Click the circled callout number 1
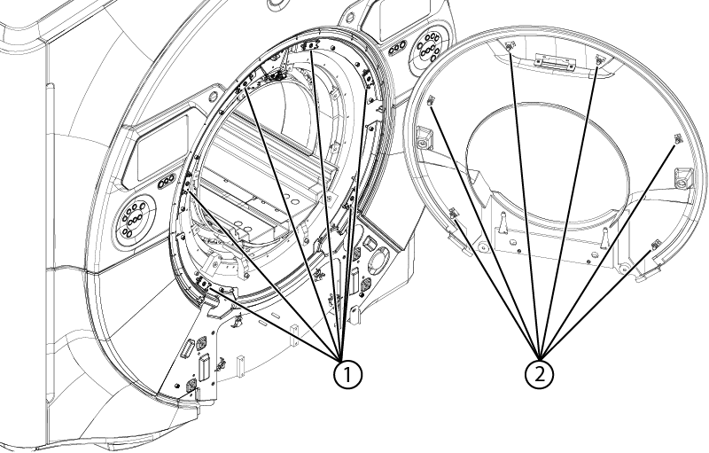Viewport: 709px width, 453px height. [x=347, y=374]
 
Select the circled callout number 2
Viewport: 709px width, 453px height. [x=540, y=374]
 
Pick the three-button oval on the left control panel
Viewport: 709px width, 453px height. [x=167, y=182]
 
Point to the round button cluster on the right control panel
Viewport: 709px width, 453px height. [x=428, y=47]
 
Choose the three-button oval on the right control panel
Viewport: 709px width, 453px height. [x=397, y=47]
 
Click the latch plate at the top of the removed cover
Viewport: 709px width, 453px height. [x=554, y=61]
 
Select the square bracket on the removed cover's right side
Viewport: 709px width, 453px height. [x=682, y=178]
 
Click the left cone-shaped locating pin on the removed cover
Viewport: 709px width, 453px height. [x=503, y=223]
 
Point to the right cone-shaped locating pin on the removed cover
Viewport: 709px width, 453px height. [x=604, y=238]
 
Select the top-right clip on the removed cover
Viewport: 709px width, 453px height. [x=600, y=59]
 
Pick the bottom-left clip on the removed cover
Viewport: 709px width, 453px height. [x=454, y=213]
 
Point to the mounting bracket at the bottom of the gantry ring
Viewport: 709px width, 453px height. [x=205, y=283]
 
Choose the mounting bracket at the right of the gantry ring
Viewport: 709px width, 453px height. [x=370, y=80]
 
